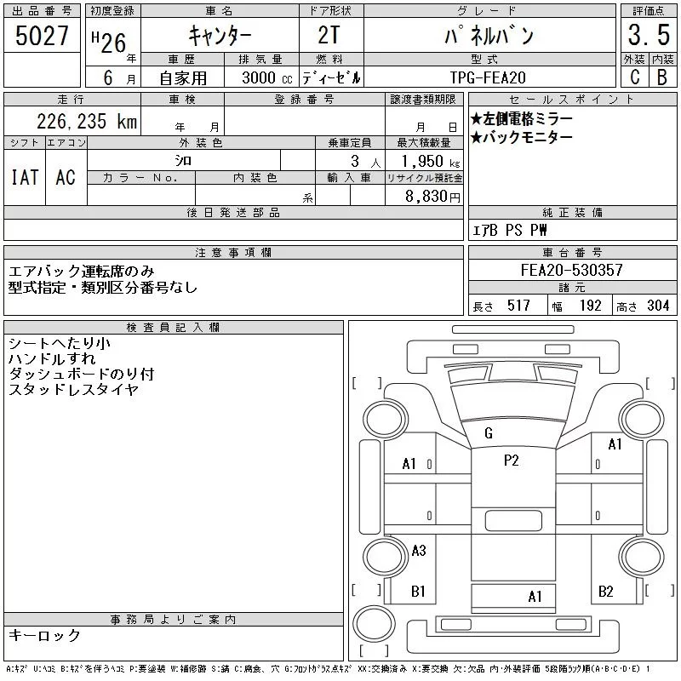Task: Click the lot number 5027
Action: [x=42, y=36]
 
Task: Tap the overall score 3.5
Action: [x=649, y=35]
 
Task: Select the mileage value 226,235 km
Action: [x=87, y=122]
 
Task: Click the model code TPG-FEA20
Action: [x=488, y=77]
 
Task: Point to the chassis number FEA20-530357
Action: [x=571, y=270]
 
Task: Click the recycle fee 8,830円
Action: [x=432, y=197]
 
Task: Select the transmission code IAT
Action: [x=25, y=177]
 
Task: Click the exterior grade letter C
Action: [x=634, y=77]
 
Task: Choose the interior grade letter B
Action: [x=662, y=77]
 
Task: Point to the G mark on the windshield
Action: [x=488, y=433]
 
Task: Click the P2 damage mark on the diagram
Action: [x=512, y=461]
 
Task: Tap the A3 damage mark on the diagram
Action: [x=419, y=551]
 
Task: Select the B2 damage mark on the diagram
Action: [x=605, y=591]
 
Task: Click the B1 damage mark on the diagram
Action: [x=418, y=591]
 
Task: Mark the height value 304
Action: [x=658, y=306]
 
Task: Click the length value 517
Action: [x=518, y=306]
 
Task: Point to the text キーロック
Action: [x=45, y=635]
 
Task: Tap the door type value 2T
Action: [x=329, y=35]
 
